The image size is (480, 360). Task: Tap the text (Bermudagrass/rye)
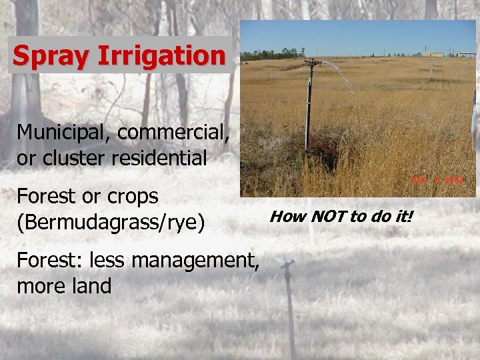[x=111, y=222]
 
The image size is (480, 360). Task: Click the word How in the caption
[x=283, y=216]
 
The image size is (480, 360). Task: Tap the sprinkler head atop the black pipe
[x=311, y=64]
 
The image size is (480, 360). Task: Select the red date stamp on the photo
[x=447, y=180]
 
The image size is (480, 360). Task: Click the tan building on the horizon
[x=433, y=54]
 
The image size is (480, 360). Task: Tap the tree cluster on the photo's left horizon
[x=267, y=55]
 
